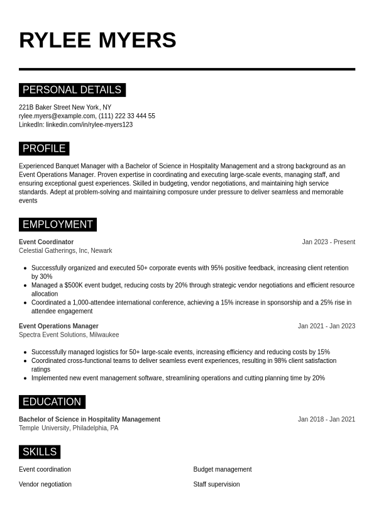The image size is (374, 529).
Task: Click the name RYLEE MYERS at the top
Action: (97, 40)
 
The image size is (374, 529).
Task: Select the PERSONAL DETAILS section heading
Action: (72, 90)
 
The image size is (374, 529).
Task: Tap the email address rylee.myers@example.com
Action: (57, 116)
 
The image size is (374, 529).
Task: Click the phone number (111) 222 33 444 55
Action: (127, 116)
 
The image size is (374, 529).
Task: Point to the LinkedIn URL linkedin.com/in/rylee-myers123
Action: (89, 125)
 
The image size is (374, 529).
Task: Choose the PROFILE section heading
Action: (44, 148)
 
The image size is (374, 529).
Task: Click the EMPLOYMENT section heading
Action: (57, 225)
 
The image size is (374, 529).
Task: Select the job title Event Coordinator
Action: (46, 242)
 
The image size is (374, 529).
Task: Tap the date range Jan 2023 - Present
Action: (328, 242)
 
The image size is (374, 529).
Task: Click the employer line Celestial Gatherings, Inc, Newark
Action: (65, 250)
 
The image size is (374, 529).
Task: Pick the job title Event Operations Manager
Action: (58, 326)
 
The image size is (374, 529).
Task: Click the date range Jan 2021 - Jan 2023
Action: (326, 326)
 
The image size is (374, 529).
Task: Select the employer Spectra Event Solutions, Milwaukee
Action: (69, 335)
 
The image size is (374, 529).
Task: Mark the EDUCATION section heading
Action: (52, 402)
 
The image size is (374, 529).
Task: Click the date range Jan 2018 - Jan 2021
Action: (326, 420)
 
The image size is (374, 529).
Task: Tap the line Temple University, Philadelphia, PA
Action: (69, 428)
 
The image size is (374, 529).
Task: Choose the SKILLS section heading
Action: (39, 452)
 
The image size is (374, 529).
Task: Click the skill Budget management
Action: (222, 469)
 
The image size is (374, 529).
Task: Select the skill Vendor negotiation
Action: (45, 484)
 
